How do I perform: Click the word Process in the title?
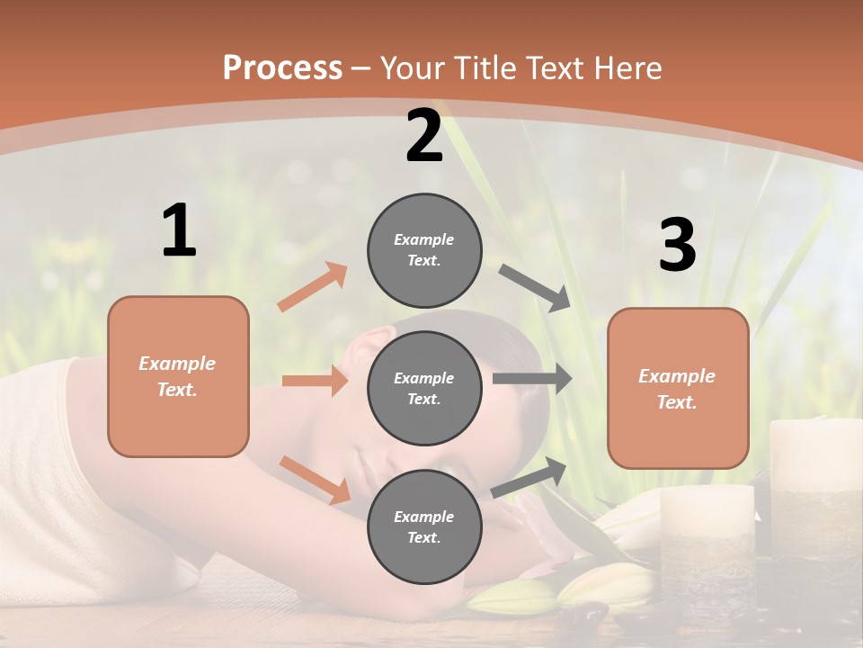(x=282, y=67)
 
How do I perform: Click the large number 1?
(x=179, y=231)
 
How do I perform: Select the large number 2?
(x=424, y=136)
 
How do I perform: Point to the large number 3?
(x=677, y=246)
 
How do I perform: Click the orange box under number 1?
(x=178, y=376)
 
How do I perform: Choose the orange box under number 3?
(x=678, y=388)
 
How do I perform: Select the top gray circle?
(x=424, y=250)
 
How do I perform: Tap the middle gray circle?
(x=424, y=388)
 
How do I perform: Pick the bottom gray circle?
(x=424, y=526)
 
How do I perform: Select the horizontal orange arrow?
(x=315, y=381)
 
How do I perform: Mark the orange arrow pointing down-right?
(x=316, y=480)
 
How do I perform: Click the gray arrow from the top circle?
(x=536, y=288)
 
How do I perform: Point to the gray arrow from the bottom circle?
(x=529, y=477)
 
